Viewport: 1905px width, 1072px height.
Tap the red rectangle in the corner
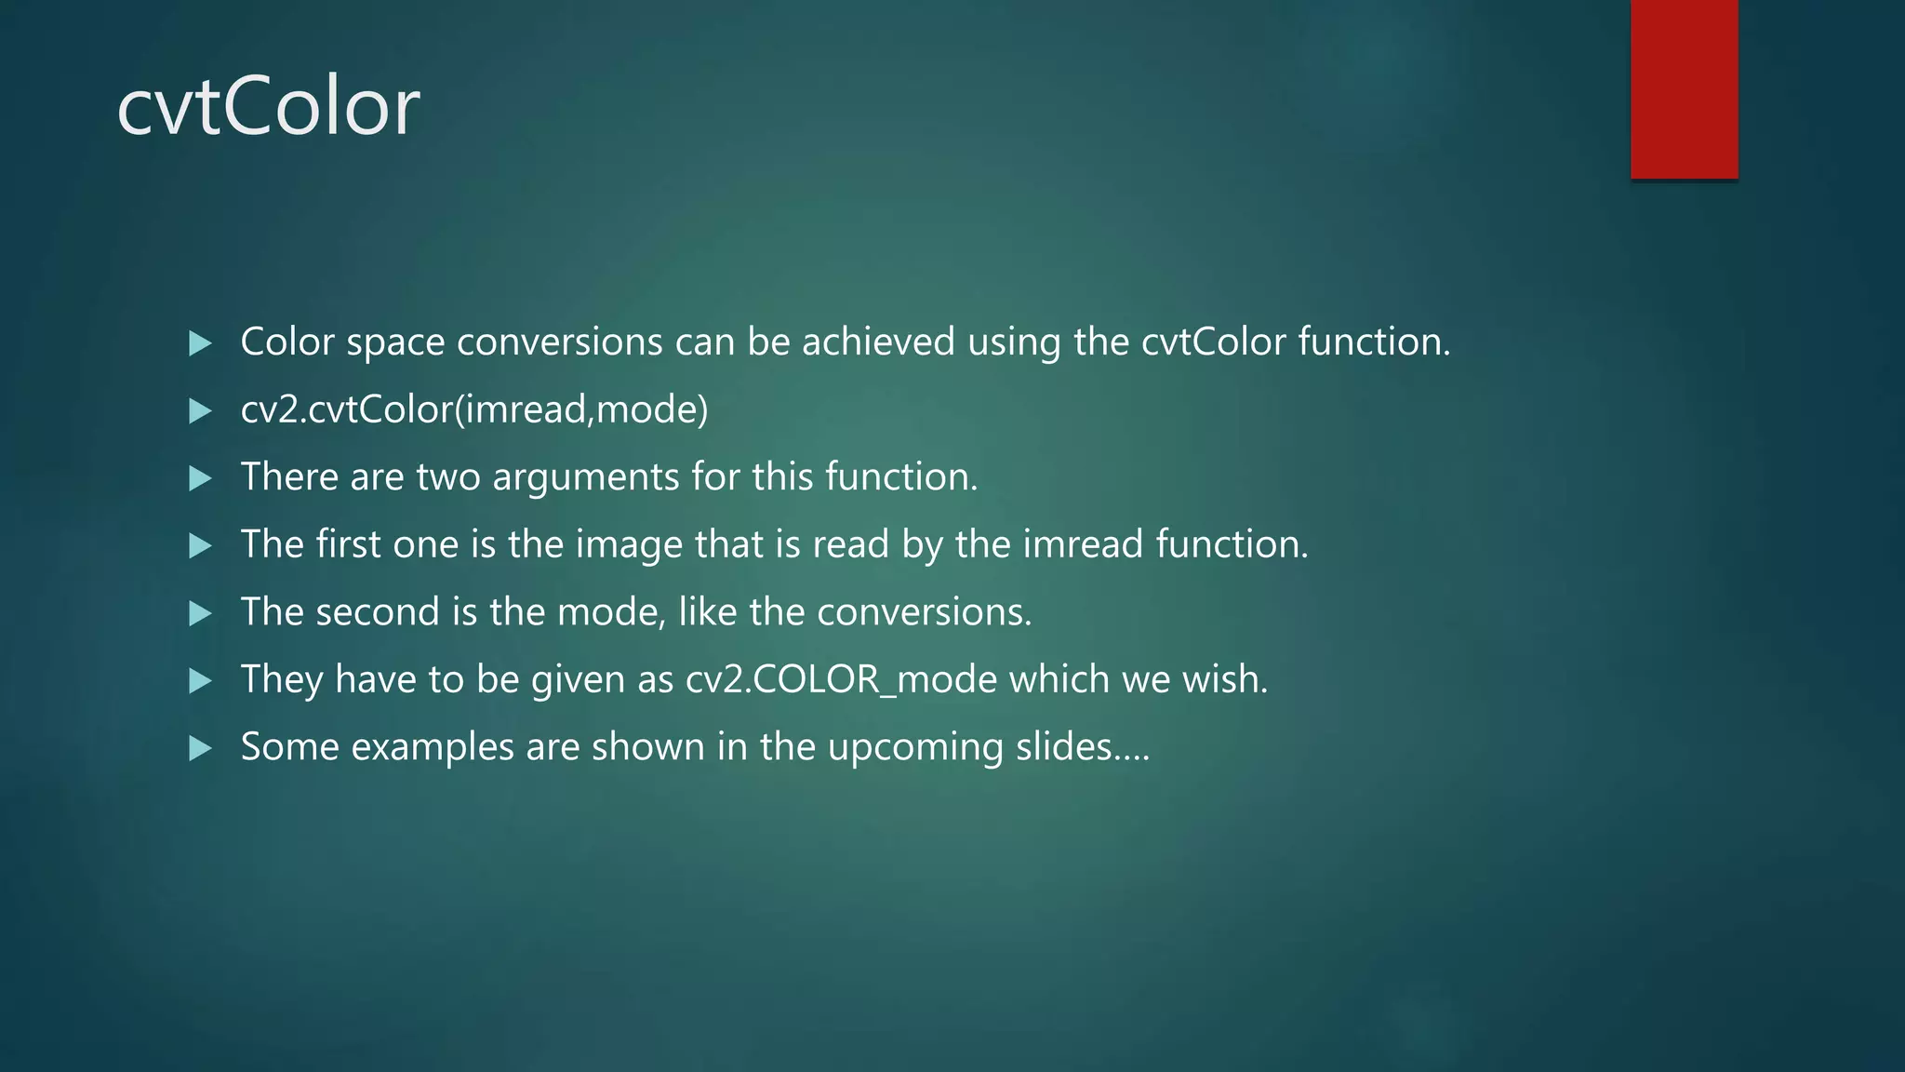pos(1684,88)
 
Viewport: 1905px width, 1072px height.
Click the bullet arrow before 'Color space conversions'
pos(200,343)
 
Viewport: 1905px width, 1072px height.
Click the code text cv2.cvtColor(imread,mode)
pos(473,409)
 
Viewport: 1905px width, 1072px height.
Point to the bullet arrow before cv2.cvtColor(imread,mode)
pos(200,411)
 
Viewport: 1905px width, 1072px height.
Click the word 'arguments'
pos(586,477)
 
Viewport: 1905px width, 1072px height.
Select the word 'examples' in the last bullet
pos(433,747)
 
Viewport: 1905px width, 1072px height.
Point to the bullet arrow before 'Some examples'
pos(200,748)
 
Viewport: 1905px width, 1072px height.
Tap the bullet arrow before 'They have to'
pos(200,681)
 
